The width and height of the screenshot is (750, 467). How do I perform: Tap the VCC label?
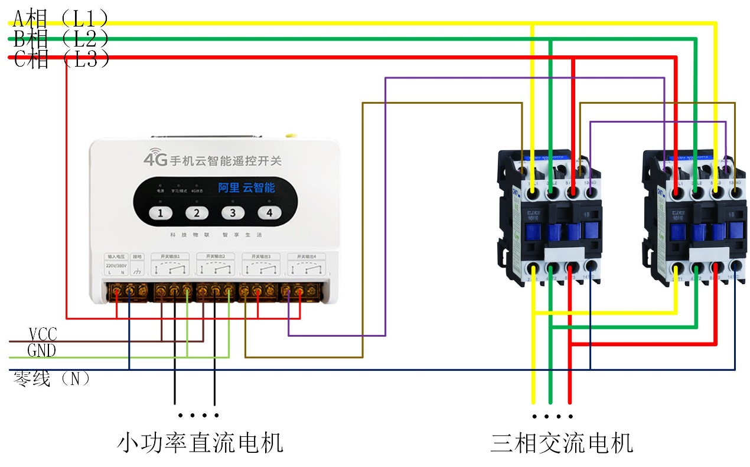coord(43,334)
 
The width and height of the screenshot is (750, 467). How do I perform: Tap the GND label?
coord(41,351)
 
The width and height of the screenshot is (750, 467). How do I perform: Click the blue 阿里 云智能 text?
coord(246,188)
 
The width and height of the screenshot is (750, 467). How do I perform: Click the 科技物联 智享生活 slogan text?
coord(216,235)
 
